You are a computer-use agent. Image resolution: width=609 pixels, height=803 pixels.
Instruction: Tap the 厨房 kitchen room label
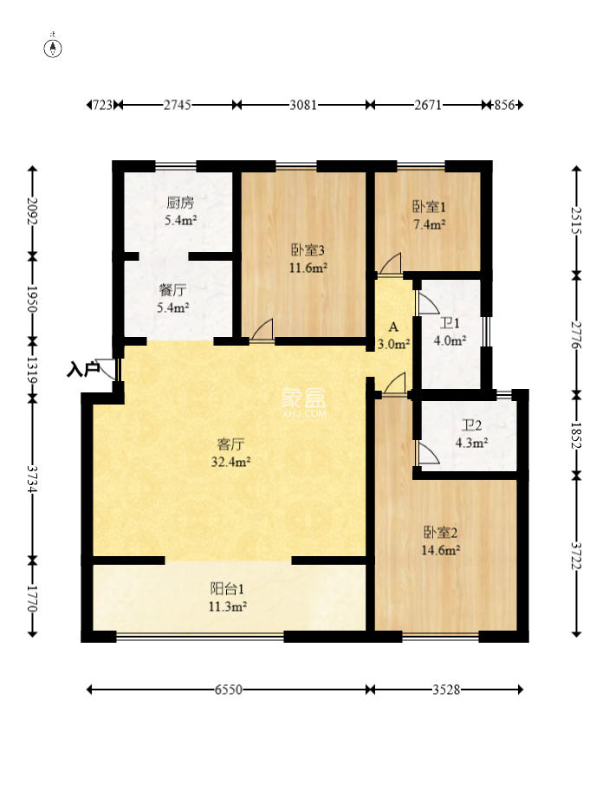pos(180,204)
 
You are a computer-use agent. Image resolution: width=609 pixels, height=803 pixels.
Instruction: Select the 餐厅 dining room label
pos(172,290)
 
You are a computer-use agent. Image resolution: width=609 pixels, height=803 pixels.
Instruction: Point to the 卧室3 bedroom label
pos(308,250)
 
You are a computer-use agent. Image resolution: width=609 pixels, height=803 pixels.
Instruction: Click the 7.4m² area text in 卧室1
pos(429,224)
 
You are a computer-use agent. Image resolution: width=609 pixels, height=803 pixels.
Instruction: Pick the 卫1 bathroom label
pos(450,324)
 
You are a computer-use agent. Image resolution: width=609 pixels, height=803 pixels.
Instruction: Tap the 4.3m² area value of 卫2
pos(471,443)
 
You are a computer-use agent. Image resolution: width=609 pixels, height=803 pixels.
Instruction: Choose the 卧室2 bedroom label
pos(440,533)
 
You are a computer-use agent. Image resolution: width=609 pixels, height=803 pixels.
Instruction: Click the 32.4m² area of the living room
pos(230,462)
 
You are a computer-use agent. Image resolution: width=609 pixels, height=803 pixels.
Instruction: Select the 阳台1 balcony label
pos(228,588)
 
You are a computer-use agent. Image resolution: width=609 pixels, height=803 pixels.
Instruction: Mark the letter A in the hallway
pos(393,327)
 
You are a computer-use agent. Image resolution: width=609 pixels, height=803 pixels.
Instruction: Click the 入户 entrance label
pos(83,369)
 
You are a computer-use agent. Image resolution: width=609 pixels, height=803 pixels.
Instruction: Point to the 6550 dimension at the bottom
pos(228,690)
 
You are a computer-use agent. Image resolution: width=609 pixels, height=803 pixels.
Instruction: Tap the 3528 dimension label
pos(445,690)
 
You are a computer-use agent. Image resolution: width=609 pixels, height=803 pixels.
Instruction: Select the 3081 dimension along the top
pos(303,105)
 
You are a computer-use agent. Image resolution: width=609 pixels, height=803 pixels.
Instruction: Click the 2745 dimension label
pos(178,105)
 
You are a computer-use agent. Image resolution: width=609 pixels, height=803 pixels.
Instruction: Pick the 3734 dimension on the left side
pos(33,479)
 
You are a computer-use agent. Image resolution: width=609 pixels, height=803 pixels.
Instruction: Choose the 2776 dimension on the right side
pos(577,335)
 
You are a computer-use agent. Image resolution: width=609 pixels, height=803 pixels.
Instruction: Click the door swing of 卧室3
pos(262,329)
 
